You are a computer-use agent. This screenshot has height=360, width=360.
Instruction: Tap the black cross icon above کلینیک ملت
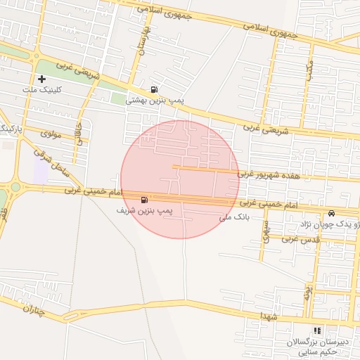(x=42, y=79)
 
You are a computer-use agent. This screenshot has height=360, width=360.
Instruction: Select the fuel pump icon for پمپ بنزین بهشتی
(x=154, y=89)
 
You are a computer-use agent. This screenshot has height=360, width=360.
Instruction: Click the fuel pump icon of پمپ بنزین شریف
(x=145, y=200)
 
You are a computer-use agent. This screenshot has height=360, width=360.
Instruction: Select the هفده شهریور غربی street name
(x=268, y=174)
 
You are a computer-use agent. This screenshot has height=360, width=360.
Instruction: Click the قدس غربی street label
(x=301, y=239)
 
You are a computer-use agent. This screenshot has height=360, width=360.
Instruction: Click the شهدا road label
(x=268, y=318)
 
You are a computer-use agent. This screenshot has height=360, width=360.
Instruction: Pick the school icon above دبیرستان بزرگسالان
(x=317, y=330)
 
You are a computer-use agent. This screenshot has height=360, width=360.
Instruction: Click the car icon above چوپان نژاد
(x=331, y=213)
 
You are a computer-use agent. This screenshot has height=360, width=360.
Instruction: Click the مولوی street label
(x=51, y=133)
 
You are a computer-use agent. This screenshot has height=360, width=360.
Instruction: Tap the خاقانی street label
(x=77, y=131)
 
